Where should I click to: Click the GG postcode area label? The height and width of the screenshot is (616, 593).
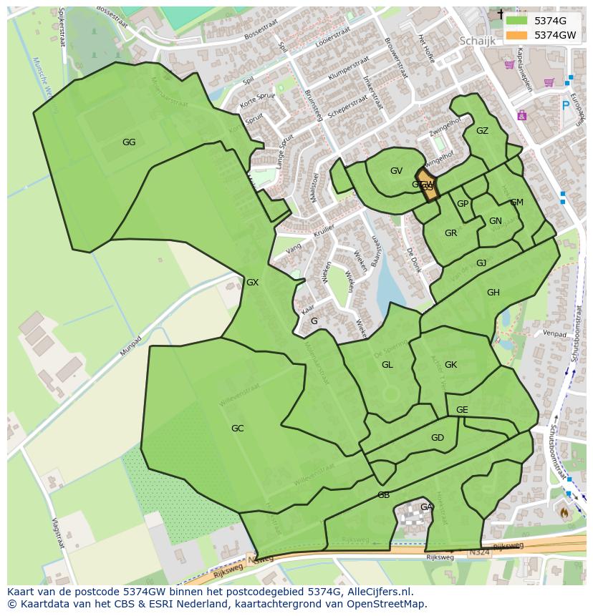pyautogui.click(x=129, y=142)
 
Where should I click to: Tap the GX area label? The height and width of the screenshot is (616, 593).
pyautogui.click(x=252, y=283)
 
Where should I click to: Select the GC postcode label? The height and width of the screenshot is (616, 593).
pyautogui.click(x=237, y=429)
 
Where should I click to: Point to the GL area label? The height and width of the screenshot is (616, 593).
pyautogui.click(x=387, y=365)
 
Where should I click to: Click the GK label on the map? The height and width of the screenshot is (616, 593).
pyautogui.click(x=450, y=365)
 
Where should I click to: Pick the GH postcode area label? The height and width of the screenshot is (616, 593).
pyautogui.click(x=493, y=293)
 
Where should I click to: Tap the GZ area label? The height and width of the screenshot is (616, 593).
pyautogui.click(x=482, y=131)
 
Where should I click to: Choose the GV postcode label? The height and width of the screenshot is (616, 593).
pyautogui.click(x=396, y=171)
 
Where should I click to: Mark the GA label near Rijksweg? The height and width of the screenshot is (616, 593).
pyautogui.click(x=426, y=507)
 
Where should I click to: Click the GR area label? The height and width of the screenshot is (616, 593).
pyautogui.click(x=450, y=233)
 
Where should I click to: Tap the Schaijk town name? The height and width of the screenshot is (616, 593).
pyautogui.click(x=477, y=41)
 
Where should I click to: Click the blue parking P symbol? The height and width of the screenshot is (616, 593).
pyautogui.click(x=565, y=106)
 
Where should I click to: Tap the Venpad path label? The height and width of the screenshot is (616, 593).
pyautogui.click(x=554, y=333)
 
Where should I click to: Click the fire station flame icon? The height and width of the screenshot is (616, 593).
pyautogui.click(x=564, y=512)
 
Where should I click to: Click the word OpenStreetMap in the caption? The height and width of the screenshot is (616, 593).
pyautogui.click(x=387, y=604)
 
